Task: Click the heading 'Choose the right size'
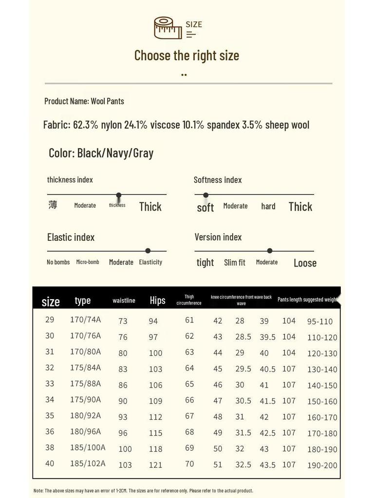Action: tap(187, 55)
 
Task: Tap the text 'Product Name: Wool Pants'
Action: tap(84, 101)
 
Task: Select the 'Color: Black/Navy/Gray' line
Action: tap(101, 153)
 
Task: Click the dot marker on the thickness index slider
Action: tap(118, 195)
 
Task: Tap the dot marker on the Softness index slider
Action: tap(206, 195)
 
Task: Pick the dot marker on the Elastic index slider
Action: tap(148, 251)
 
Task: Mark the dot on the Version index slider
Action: tap(270, 251)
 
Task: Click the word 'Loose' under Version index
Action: tap(305, 263)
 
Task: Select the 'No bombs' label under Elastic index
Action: tap(58, 262)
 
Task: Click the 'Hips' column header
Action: tap(157, 301)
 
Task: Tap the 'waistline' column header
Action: tap(124, 301)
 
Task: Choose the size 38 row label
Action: tap(50, 447)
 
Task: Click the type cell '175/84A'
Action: tap(85, 367)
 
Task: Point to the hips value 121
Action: tap(155, 465)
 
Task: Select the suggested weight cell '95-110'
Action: tap(320, 321)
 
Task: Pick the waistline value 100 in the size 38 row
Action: tap(125, 449)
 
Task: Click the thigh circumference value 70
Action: tap(189, 463)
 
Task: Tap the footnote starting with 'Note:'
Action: tap(143, 491)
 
